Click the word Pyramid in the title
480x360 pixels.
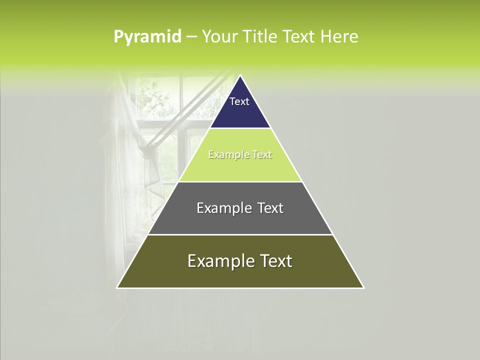click(147, 37)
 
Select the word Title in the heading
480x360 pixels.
click(261, 37)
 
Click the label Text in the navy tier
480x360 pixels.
click(239, 101)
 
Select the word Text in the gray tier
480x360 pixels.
click(270, 208)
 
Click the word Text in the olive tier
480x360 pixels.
click(275, 261)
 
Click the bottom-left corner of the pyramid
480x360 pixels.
click(117, 287)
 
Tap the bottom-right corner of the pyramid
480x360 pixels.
click(363, 287)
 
